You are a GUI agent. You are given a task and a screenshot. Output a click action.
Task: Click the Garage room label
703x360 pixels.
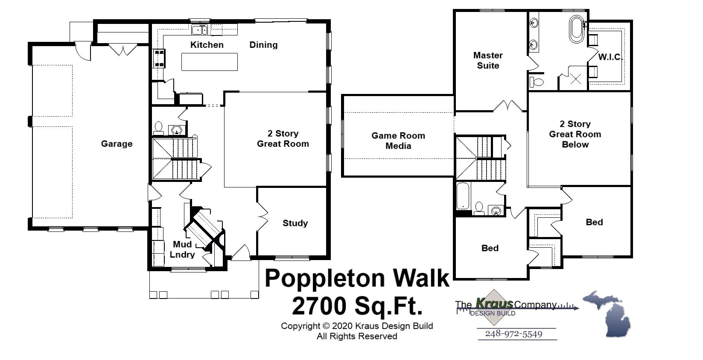pyautogui.click(x=117, y=144)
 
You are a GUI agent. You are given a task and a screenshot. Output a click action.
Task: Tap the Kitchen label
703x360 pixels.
pyautogui.click(x=207, y=45)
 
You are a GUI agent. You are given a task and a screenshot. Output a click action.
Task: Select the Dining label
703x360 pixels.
pyautogui.click(x=263, y=45)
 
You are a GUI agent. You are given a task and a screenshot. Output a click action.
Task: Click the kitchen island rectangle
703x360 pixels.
pyautogui.click(x=209, y=62)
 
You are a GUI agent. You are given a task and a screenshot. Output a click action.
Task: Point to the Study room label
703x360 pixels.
pyautogui.click(x=295, y=223)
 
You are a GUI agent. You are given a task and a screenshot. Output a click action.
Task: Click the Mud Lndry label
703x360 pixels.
pyautogui.click(x=182, y=249)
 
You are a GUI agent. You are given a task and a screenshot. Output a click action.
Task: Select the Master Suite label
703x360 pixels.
pyautogui.click(x=488, y=60)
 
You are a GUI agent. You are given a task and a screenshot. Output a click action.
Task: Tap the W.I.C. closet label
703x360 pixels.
pyautogui.click(x=610, y=57)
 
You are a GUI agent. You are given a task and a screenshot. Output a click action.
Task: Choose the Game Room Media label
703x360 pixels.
pyautogui.click(x=398, y=140)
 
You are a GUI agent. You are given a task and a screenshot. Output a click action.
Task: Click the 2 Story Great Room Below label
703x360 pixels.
pyautogui.click(x=575, y=134)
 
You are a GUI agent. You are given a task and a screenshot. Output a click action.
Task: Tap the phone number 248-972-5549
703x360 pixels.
pyautogui.click(x=513, y=334)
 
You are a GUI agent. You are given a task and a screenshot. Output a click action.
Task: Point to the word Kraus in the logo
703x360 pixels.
pyautogui.click(x=494, y=304)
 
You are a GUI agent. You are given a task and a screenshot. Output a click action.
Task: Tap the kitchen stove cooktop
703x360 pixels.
pyautogui.click(x=159, y=58)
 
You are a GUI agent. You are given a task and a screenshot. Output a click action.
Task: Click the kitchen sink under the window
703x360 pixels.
pyautogui.click(x=199, y=30)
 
